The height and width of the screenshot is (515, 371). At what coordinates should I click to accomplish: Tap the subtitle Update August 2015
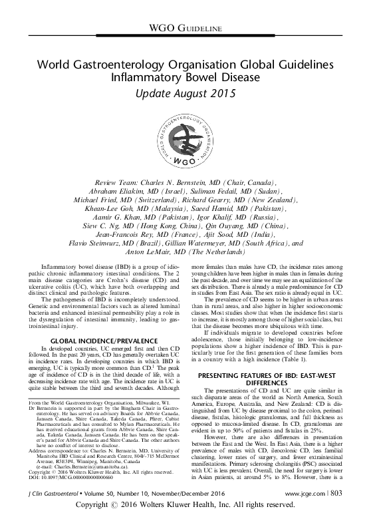coord(185,93)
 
